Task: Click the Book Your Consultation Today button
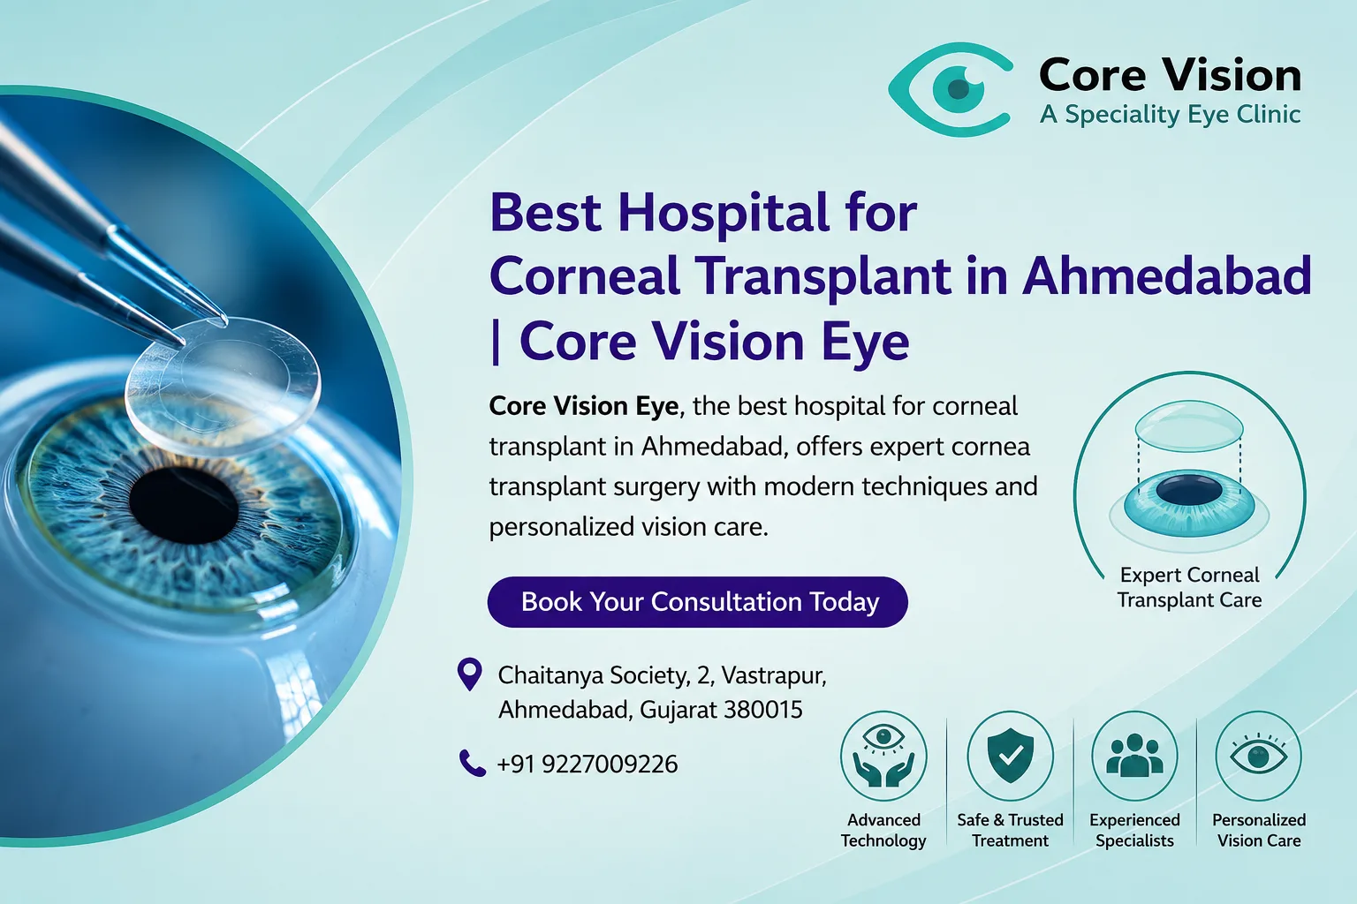pyautogui.click(x=697, y=602)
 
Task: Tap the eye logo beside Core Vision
pyautogui.click(x=950, y=89)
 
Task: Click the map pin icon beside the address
pyautogui.click(x=469, y=674)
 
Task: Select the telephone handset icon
pyautogui.click(x=472, y=763)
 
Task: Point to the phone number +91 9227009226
pyautogui.click(x=587, y=765)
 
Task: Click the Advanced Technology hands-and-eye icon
pyautogui.click(x=883, y=756)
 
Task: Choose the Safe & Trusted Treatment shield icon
pyautogui.click(x=1010, y=756)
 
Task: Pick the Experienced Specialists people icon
pyautogui.click(x=1134, y=756)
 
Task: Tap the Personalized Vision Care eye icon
pyautogui.click(x=1258, y=756)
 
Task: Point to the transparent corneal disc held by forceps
pyautogui.click(x=223, y=387)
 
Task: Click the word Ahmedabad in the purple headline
pyautogui.click(x=1166, y=276)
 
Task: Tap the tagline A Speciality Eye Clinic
pyautogui.click(x=1170, y=115)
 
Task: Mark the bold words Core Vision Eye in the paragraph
pyautogui.click(x=583, y=406)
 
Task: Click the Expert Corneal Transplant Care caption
pyautogui.click(x=1189, y=587)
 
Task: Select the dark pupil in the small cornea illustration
pyautogui.click(x=1188, y=491)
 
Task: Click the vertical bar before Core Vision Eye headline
pyautogui.click(x=497, y=343)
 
